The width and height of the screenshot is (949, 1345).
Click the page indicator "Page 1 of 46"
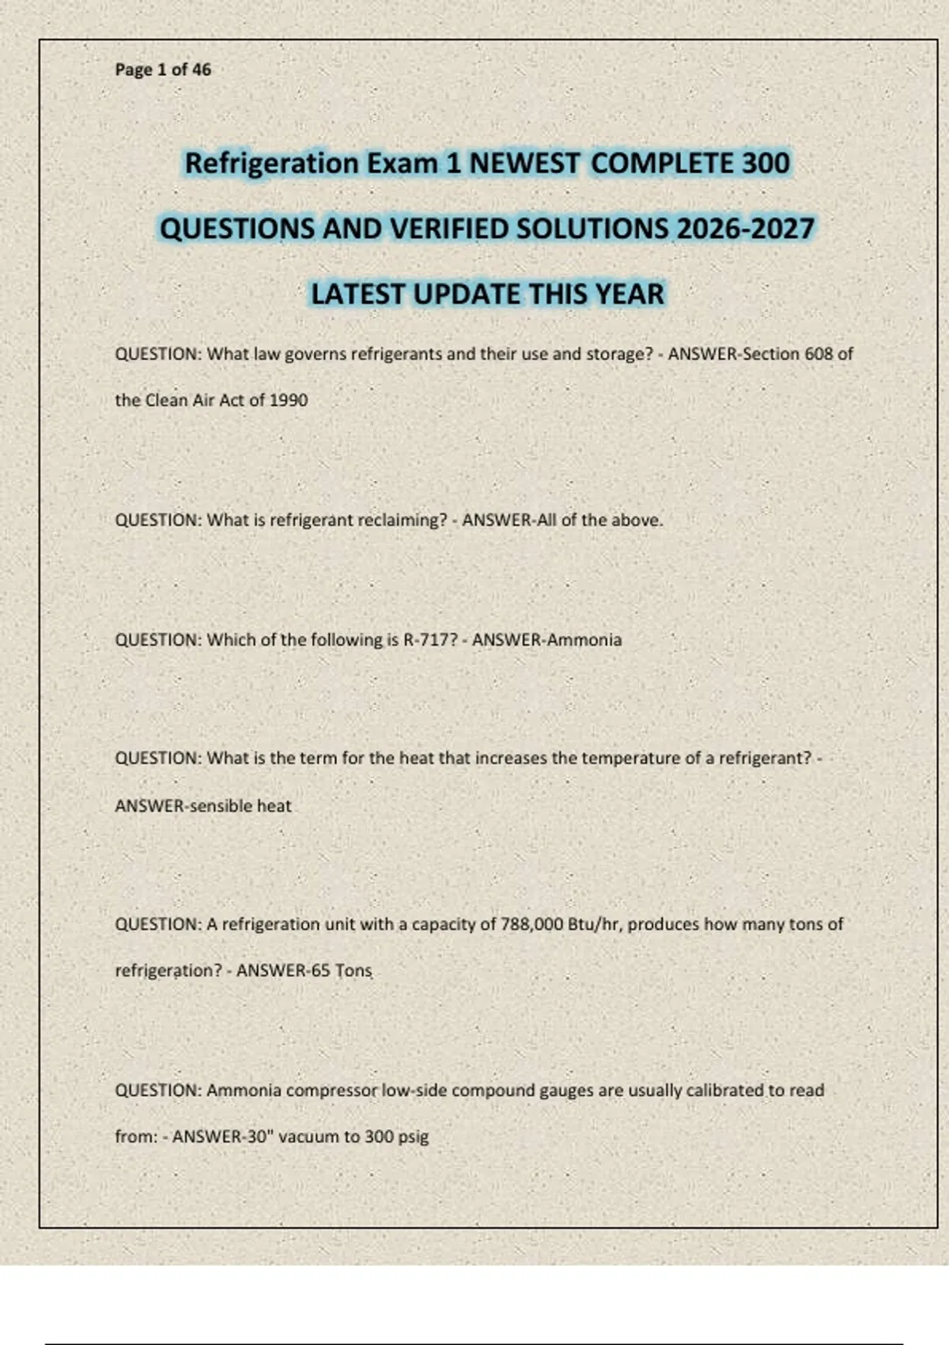tap(163, 70)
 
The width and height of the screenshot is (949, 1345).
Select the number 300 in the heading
tap(766, 163)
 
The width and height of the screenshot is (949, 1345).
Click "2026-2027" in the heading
tap(745, 229)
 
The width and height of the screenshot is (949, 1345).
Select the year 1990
tap(288, 400)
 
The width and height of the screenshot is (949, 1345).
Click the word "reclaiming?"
tap(403, 520)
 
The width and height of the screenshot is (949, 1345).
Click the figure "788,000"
tap(531, 924)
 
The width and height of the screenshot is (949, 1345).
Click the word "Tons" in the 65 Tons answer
tap(353, 970)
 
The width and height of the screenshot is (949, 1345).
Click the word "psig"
tap(413, 1137)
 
